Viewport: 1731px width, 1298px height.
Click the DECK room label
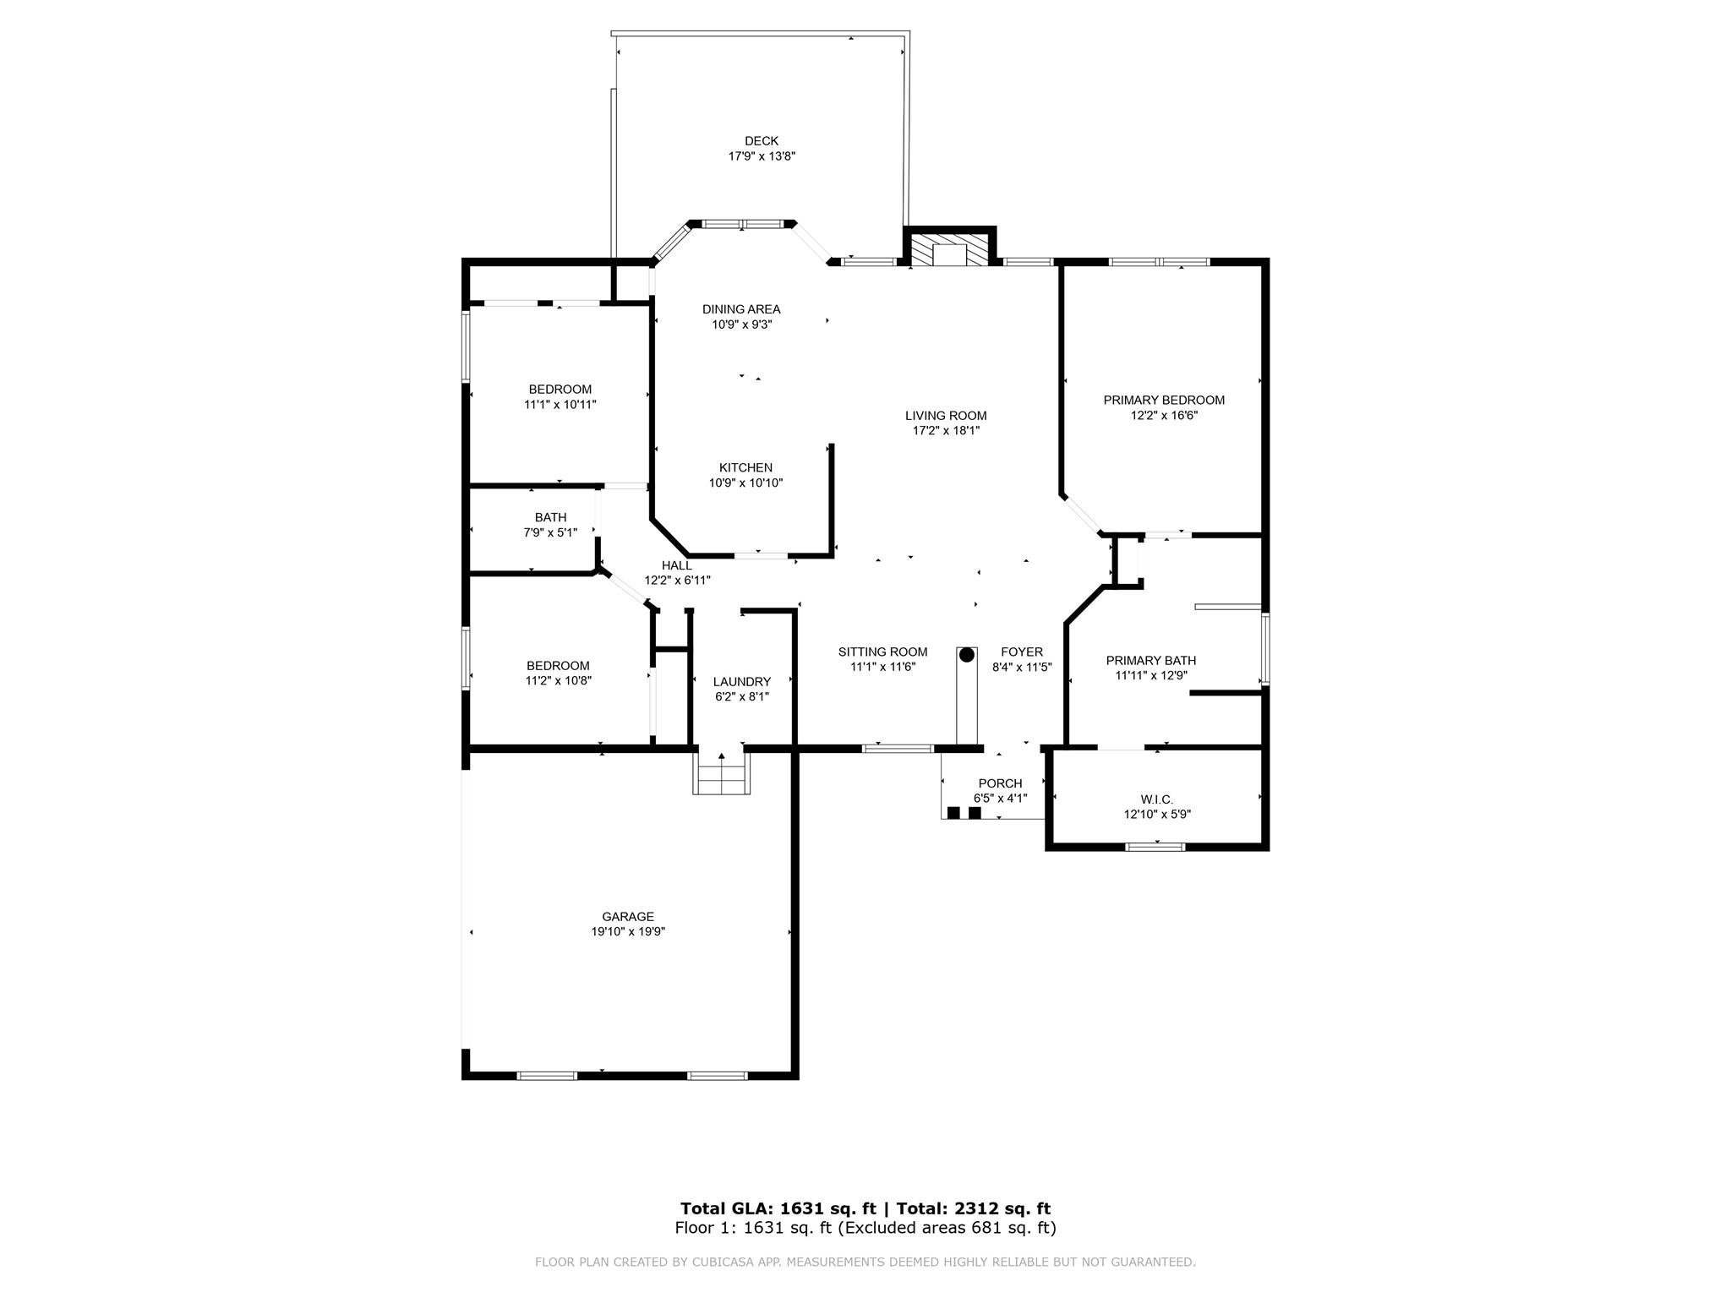(762, 141)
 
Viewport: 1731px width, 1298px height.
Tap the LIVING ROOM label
(946, 416)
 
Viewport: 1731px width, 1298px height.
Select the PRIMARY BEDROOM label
(1164, 401)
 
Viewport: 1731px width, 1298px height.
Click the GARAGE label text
(628, 917)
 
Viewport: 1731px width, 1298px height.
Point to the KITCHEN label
(745, 468)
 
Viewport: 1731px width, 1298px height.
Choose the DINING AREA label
(741, 309)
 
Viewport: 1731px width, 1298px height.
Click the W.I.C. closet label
(1156, 799)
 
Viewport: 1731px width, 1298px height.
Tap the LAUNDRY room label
(742, 682)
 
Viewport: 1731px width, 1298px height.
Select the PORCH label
(1000, 783)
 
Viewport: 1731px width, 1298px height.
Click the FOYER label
(1022, 652)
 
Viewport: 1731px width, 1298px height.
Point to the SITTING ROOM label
(882, 652)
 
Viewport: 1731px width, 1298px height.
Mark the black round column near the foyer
(967, 655)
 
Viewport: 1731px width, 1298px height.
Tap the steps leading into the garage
(722, 772)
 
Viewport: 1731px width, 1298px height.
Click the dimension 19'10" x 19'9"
(628, 932)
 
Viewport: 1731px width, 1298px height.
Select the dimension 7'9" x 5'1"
(550, 533)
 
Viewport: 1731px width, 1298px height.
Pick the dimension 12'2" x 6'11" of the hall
(677, 581)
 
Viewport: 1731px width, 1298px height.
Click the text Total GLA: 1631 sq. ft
(778, 1209)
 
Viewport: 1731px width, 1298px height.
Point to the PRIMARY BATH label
(1151, 661)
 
